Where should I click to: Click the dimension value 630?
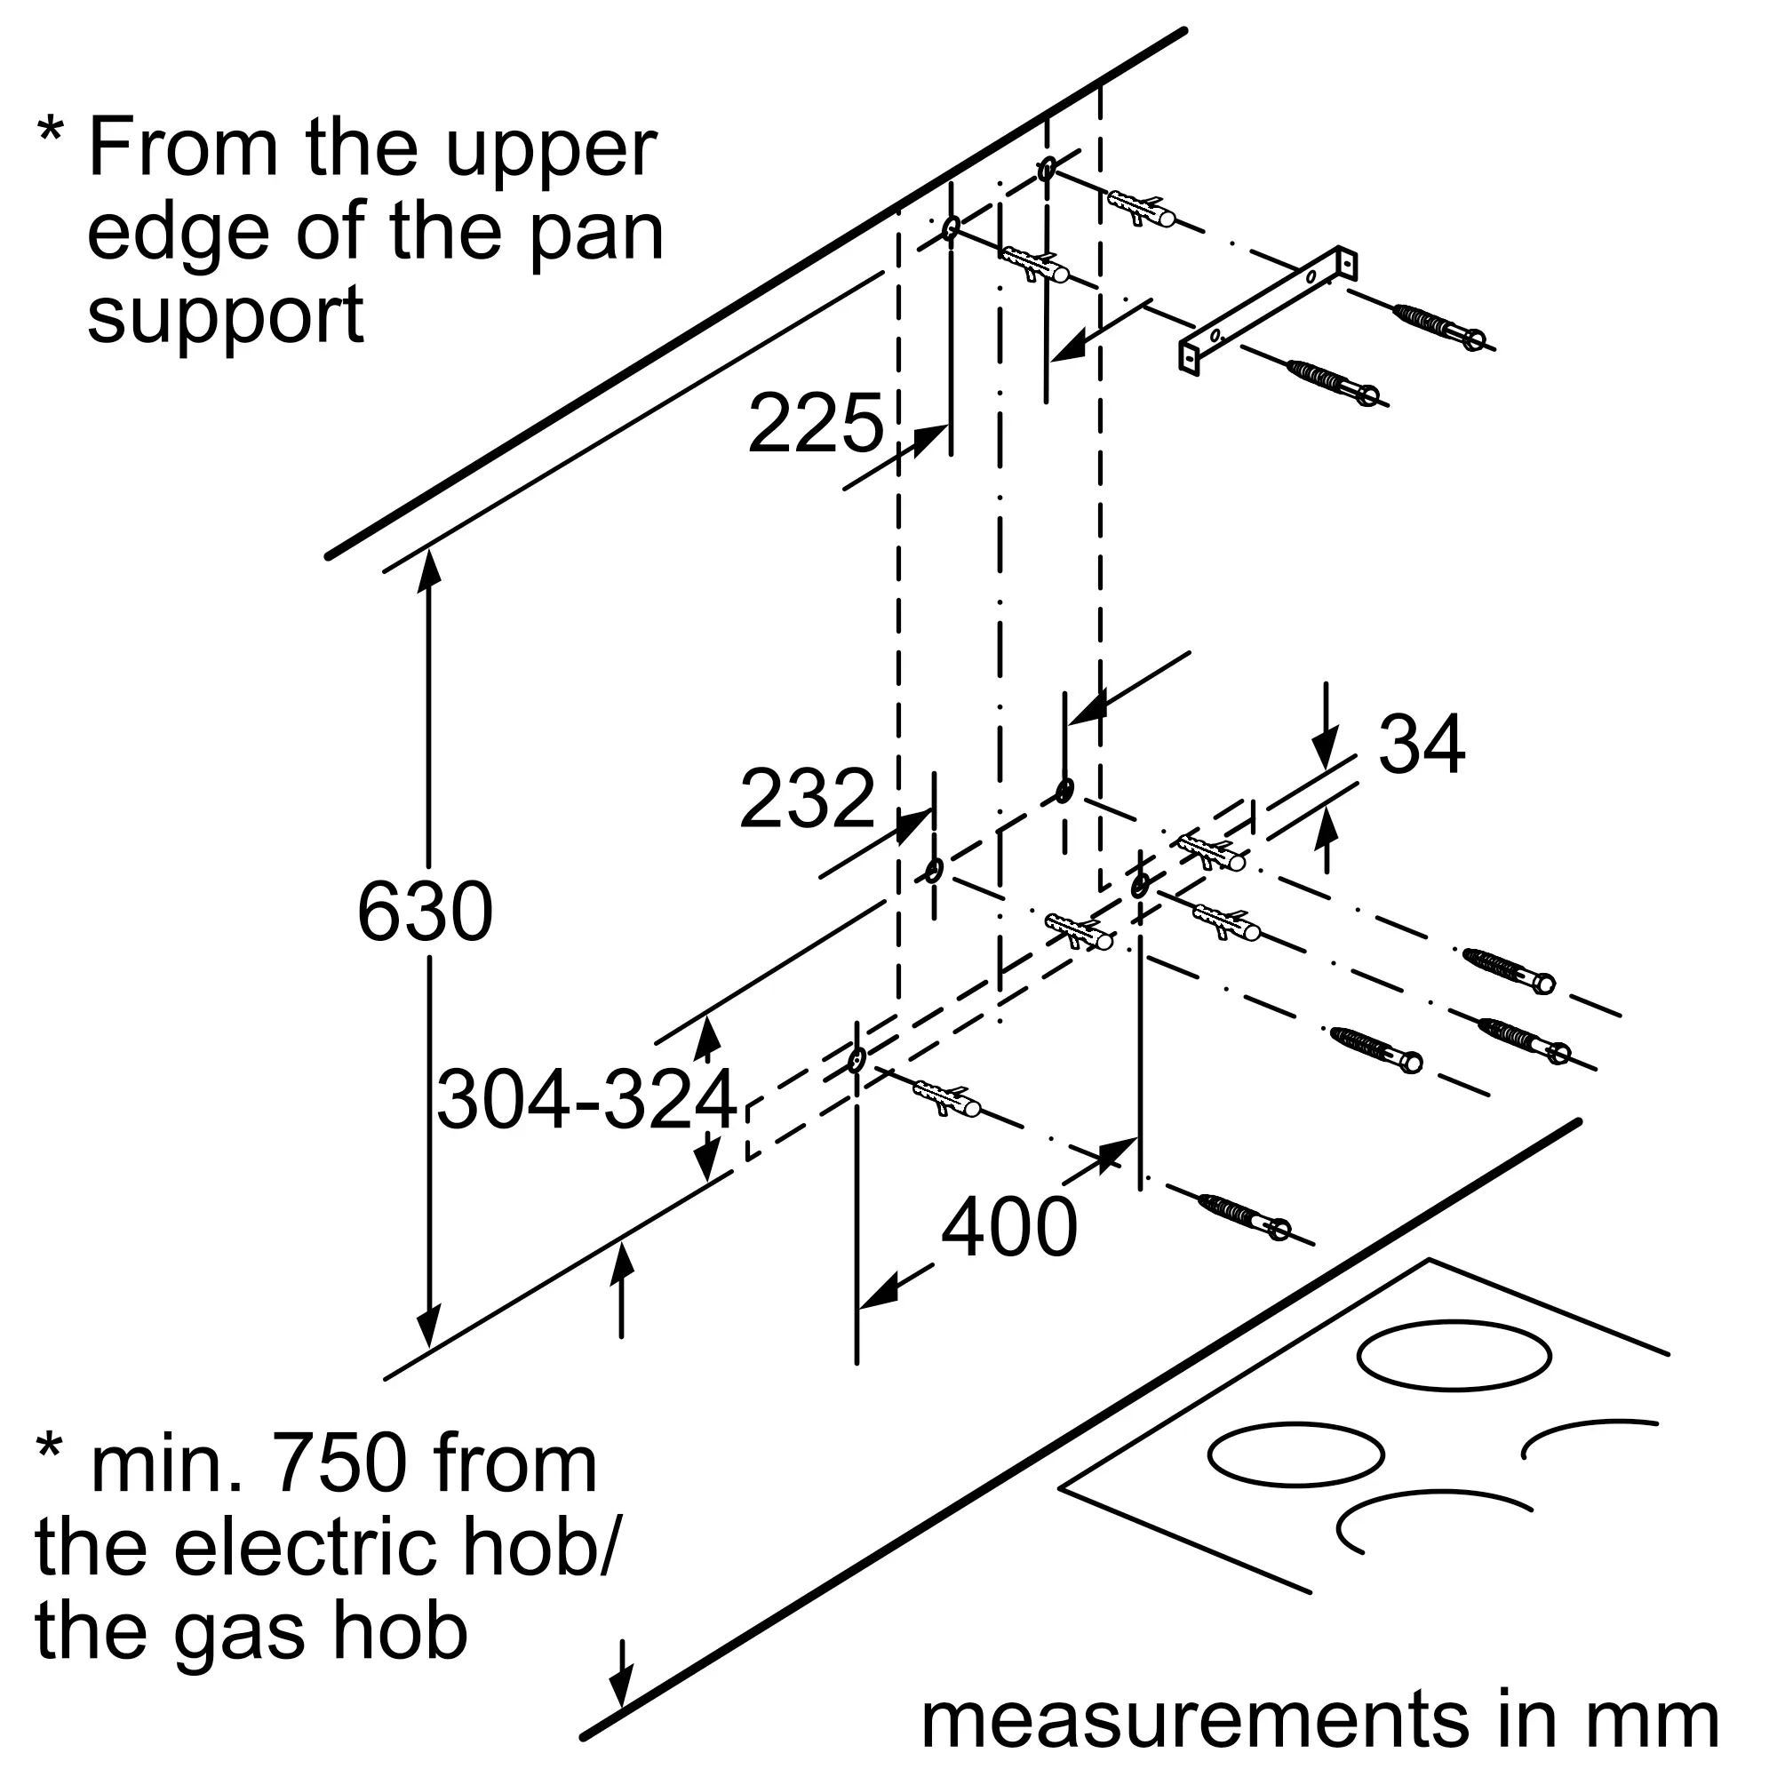(425, 912)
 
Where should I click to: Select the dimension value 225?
(815, 423)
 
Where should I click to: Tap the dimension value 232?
(807, 799)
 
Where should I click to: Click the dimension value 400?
(1009, 1228)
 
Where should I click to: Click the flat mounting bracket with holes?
(1268, 310)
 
